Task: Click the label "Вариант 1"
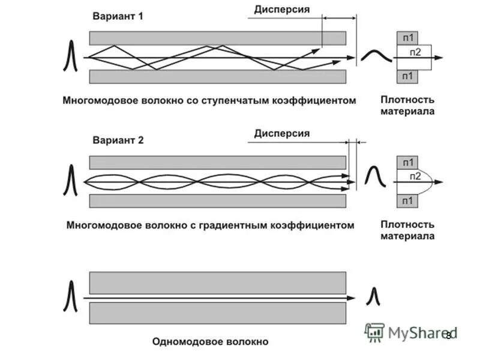tap(118, 17)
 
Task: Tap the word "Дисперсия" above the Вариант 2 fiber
tap(281, 133)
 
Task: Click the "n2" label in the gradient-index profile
tap(415, 176)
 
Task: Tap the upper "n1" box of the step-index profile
tap(408, 37)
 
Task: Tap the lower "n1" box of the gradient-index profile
tap(408, 200)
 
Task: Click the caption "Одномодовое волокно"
tap(210, 342)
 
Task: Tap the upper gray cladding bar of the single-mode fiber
tap(217, 282)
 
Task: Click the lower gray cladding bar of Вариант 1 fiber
tap(217, 76)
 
